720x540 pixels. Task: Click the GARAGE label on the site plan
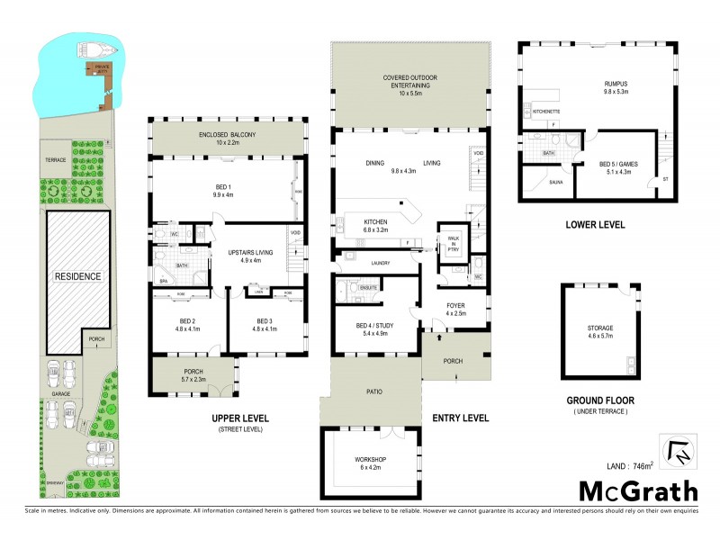62,392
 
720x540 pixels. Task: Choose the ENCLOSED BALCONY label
223,134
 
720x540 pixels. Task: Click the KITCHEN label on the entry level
374,221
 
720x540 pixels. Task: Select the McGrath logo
637,490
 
